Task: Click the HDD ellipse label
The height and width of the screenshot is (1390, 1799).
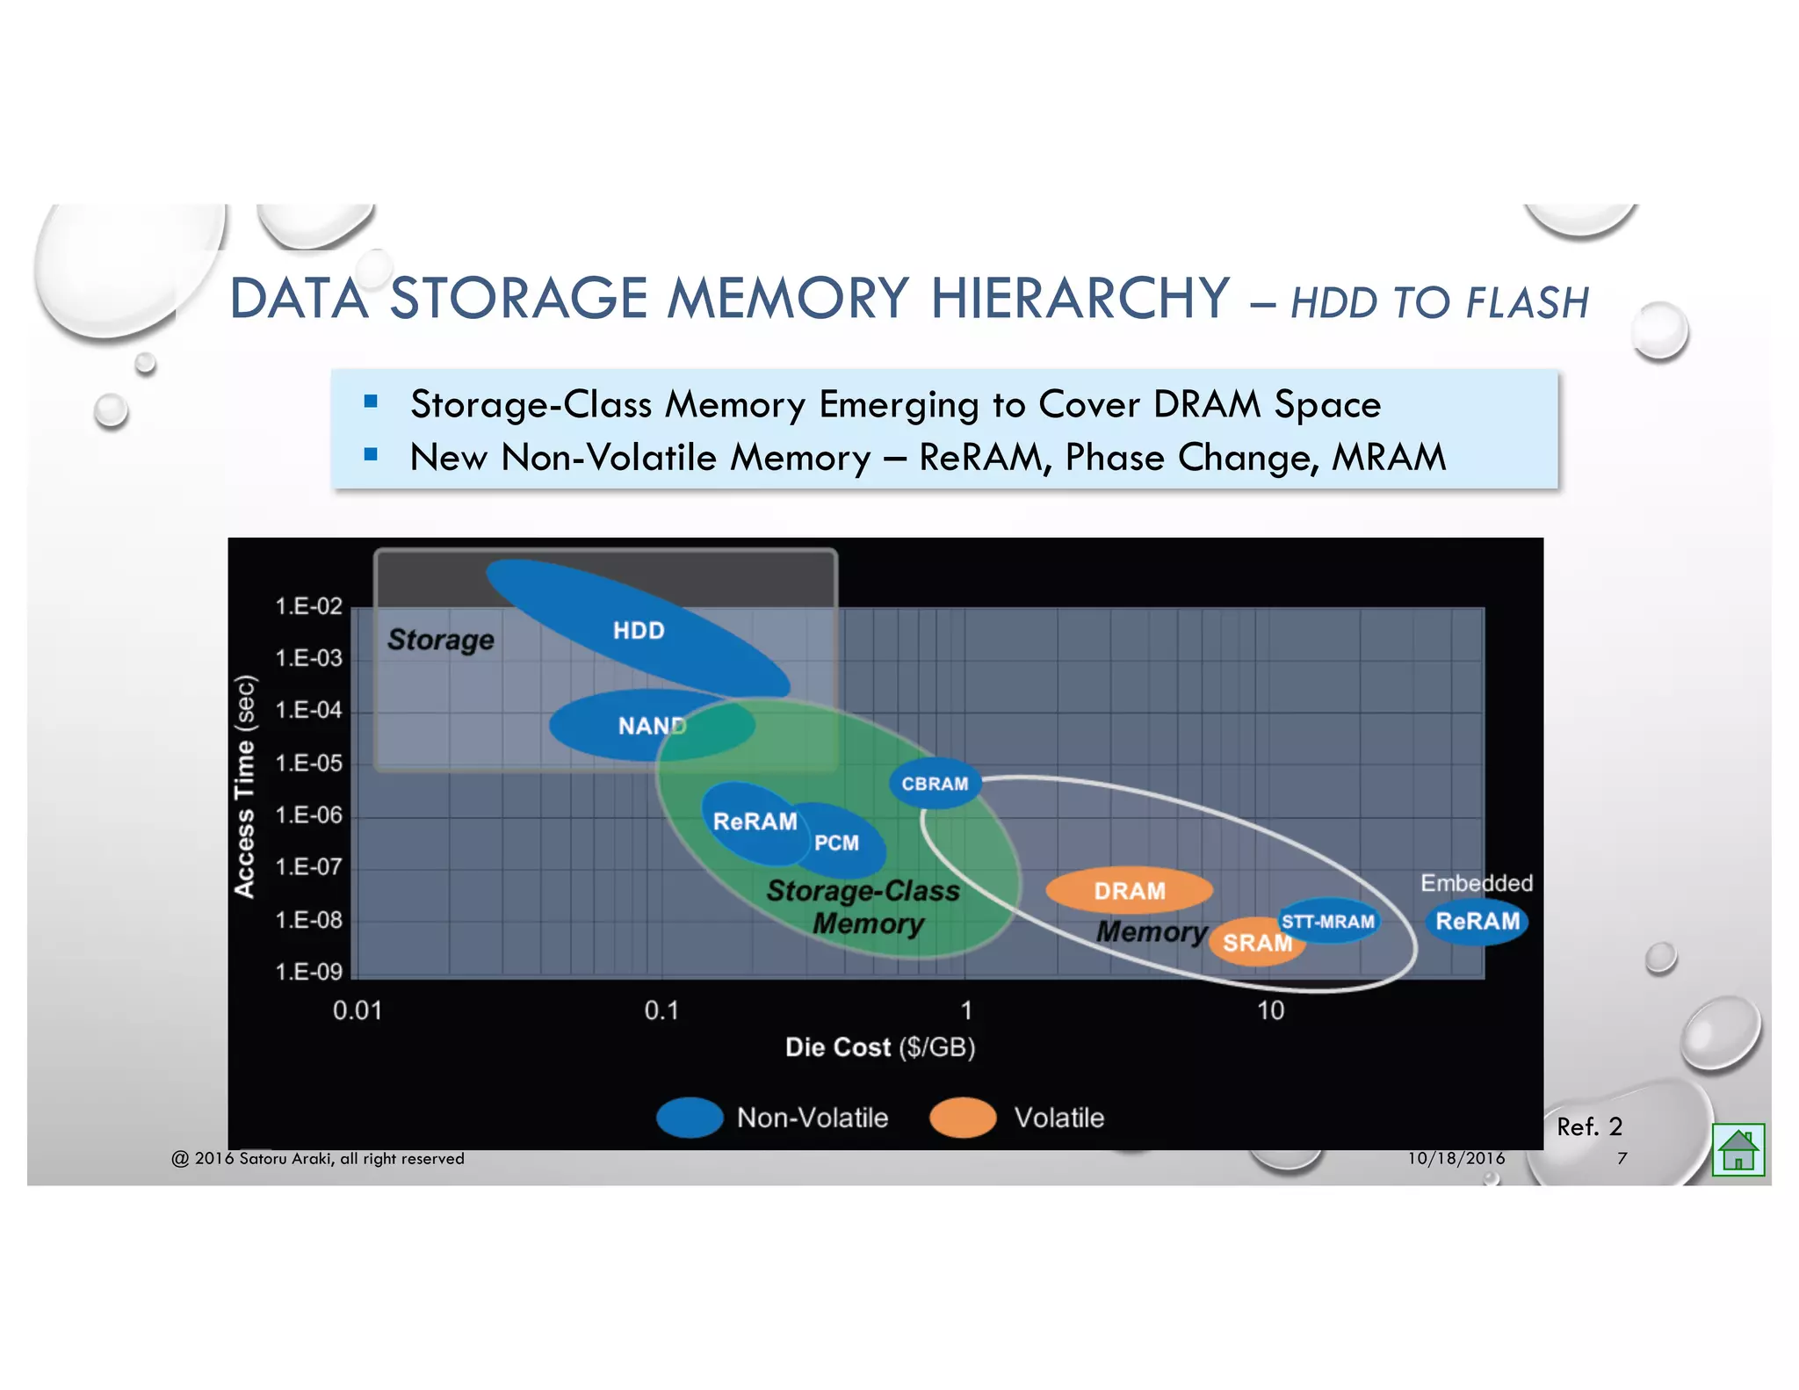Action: tap(639, 630)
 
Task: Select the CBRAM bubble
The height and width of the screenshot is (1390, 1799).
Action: tap(935, 783)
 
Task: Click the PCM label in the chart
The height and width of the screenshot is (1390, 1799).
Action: tap(836, 843)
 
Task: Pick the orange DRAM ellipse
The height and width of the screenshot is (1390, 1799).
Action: tap(1130, 891)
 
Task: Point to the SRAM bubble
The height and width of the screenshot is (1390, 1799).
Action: tap(1256, 943)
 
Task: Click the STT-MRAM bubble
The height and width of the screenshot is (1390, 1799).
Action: tap(1328, 921)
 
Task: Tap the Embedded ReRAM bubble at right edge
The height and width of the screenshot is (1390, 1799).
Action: tap(1477, 921)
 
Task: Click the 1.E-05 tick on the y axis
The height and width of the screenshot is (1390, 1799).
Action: tap(308, 763)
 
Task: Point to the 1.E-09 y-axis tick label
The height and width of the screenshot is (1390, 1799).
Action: tap(308, 972)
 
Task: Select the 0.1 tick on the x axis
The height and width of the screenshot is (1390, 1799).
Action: tap(661, 1010)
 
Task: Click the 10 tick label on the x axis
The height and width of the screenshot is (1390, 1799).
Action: tap(1270, 1010)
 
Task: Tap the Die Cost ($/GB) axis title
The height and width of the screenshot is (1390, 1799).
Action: tap(880, 1047)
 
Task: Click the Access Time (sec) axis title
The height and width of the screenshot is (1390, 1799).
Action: tap(245, 786)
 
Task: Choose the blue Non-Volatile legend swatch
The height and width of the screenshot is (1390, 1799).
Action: tap(690, 1118)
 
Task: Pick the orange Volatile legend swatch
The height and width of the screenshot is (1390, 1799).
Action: tap(963, 1118)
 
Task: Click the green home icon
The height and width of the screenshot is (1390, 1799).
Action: tap(1738, 1149)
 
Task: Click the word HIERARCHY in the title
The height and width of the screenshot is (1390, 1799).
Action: tap(1080, 298)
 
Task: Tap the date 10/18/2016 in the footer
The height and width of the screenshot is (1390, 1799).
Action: tap(1456, 1158)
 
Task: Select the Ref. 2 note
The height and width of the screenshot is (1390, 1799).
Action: tap(1589, 1126)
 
